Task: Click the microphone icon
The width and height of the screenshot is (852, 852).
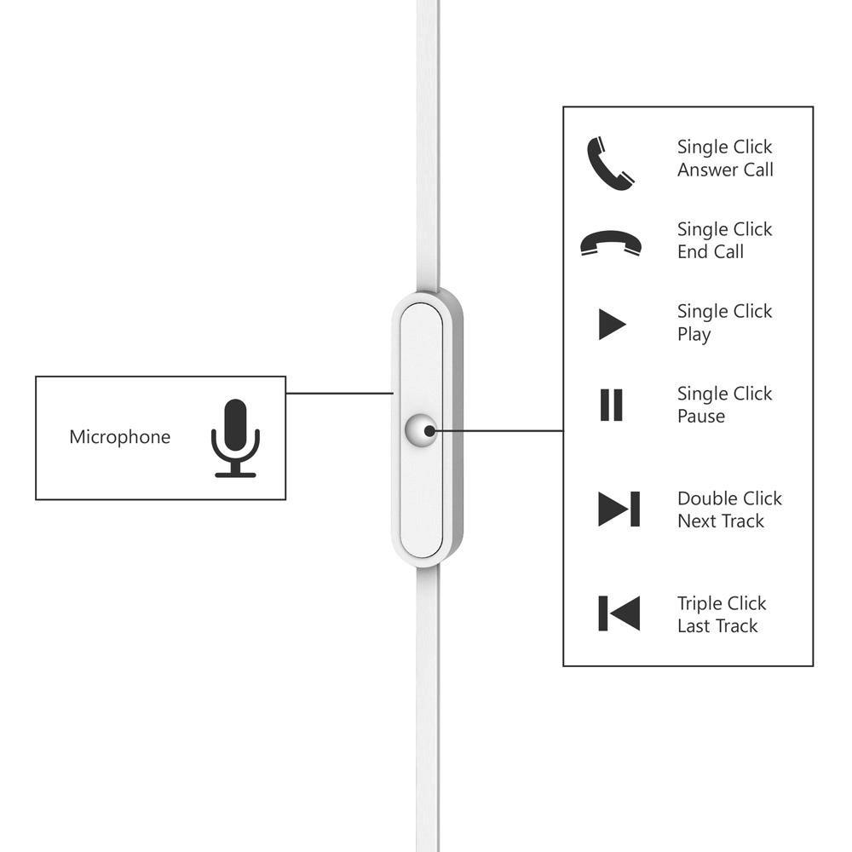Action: (235, 438)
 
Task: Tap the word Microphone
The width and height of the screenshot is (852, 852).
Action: (120, 437)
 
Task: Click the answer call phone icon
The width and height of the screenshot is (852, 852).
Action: (610, 163)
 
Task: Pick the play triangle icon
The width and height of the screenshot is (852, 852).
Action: (613, 325)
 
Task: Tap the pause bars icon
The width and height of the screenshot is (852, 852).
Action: (611, 405)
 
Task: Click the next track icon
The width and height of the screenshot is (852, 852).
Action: (619, 509)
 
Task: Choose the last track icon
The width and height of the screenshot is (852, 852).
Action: (619, 613)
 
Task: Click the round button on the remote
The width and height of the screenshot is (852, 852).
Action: (421, 430)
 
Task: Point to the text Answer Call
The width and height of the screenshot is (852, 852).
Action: (725, 170)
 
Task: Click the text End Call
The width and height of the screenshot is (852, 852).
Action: (711, 251)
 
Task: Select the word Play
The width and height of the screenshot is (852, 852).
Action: (694, 334)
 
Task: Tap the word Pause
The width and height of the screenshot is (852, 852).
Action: (701, 417)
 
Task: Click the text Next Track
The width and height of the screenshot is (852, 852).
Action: (721, 521)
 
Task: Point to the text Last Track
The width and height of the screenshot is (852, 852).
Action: (717, 626)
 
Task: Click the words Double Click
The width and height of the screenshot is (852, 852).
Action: (730, 498)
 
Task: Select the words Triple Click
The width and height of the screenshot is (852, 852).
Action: (722, 604)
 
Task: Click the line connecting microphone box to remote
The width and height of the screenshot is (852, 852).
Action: (340, 393)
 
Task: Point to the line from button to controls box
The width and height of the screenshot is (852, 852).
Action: (497, 431)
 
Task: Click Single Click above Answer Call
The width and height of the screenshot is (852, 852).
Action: (724, 147)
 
